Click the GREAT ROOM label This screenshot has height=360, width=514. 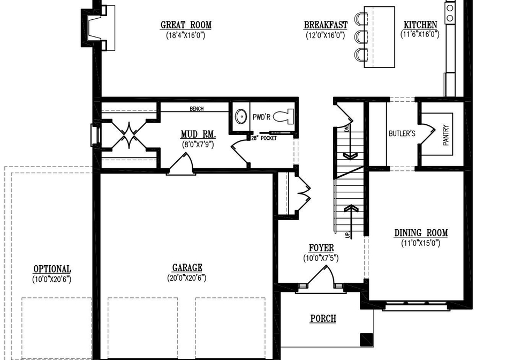[186, 25]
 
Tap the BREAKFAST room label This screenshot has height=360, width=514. [326, 25]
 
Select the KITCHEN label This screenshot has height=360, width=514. [420, 25]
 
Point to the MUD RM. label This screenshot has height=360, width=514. [198, 134]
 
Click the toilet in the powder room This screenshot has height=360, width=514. [283, 117]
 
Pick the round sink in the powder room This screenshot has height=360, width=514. [242, 116]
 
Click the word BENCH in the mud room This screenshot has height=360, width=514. [196, 109]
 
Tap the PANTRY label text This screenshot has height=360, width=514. [445, 135]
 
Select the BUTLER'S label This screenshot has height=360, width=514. [402, 133]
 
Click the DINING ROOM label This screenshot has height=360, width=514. [421, 233]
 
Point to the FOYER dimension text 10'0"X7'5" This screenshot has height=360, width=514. [321, 258]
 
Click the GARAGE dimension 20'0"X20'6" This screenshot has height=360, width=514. [186, 278]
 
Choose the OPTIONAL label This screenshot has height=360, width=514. [52, 269]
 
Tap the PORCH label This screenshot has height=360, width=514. [323, 318]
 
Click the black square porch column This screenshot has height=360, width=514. [366, 340]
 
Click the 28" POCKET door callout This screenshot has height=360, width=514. [264, 138]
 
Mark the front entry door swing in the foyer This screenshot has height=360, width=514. [321, 275]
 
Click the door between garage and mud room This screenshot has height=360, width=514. [182, 163]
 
